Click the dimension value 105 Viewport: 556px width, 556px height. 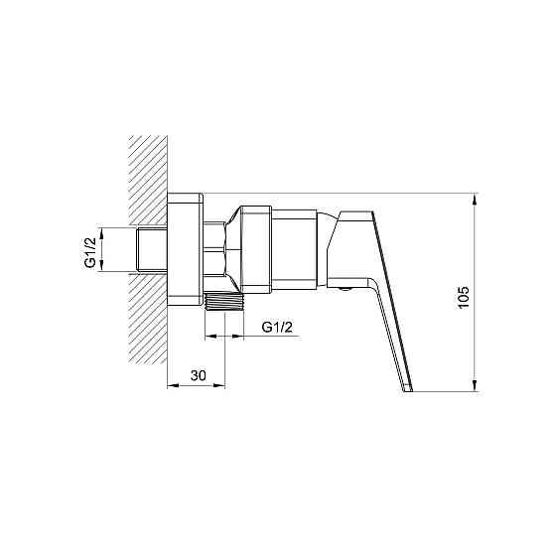pyautogui.click(x=464, y=297)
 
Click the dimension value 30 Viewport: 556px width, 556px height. pyautogui.click(x=198, y=375)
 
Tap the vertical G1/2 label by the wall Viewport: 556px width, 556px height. pyautogui.click(x=90, y=252)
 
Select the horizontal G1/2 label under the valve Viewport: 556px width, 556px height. pyautogui.click(x=277, y=327)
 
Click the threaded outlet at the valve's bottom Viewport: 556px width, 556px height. pyautogui.click(x=224, y=301)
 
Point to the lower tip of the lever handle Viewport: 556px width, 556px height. pyautogui.click(x=408, y=391)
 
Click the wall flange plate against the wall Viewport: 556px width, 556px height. pyautogui.click(x=185, y=249)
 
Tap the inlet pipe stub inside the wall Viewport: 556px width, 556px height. pyautogui.click(x=152, y=250)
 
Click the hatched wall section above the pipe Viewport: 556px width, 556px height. pyautogui.click(x=148, y=180)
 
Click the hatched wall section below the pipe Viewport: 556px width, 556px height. pyautogui.click(x=148, y=320)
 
